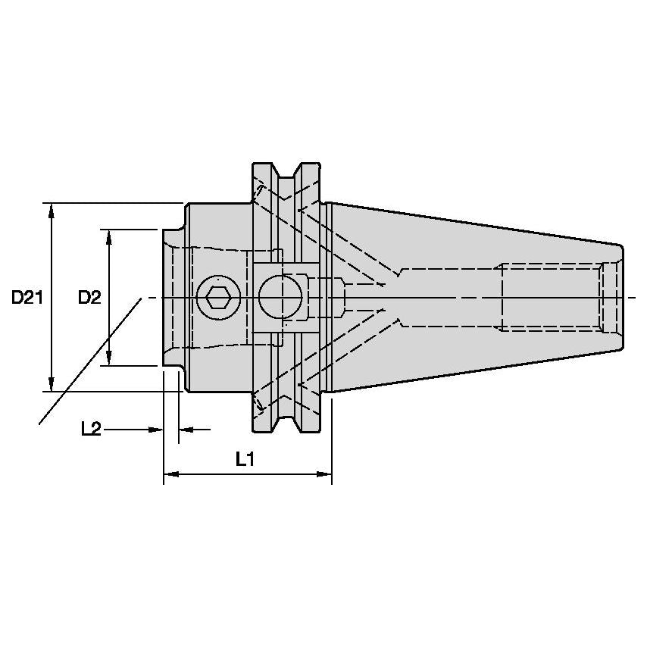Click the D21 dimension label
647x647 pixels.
pos(27,297)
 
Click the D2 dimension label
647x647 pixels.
pos(89,297)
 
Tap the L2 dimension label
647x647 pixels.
pos(91,429)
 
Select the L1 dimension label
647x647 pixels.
pos(245,459)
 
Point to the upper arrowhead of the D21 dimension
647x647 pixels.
pos(51,211)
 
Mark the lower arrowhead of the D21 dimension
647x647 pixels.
pos(51,384)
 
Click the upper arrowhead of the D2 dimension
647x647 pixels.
pos(109,237)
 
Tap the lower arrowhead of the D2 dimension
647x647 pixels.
pos(109,358)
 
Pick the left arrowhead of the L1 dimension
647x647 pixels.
pos(171,474)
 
